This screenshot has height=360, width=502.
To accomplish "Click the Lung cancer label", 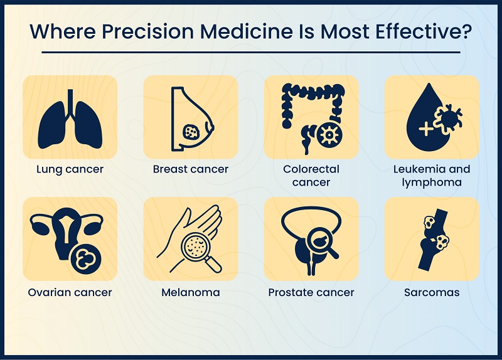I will coord(70,169).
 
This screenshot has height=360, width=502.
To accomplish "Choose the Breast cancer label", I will coord(191,169).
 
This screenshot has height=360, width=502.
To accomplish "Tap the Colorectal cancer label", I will coord(311,176).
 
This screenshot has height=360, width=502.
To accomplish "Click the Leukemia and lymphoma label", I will coord(431,176).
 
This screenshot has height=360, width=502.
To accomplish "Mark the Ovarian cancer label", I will coord(70,292).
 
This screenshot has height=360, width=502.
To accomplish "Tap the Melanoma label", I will coord(191,292).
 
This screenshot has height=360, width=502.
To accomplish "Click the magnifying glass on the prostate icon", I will coord(320,241).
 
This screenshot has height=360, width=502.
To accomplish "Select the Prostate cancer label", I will coord(311,292).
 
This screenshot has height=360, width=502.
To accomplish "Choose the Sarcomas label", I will coord(431,292).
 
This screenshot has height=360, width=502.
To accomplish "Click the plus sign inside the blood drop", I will coord(425,129).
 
